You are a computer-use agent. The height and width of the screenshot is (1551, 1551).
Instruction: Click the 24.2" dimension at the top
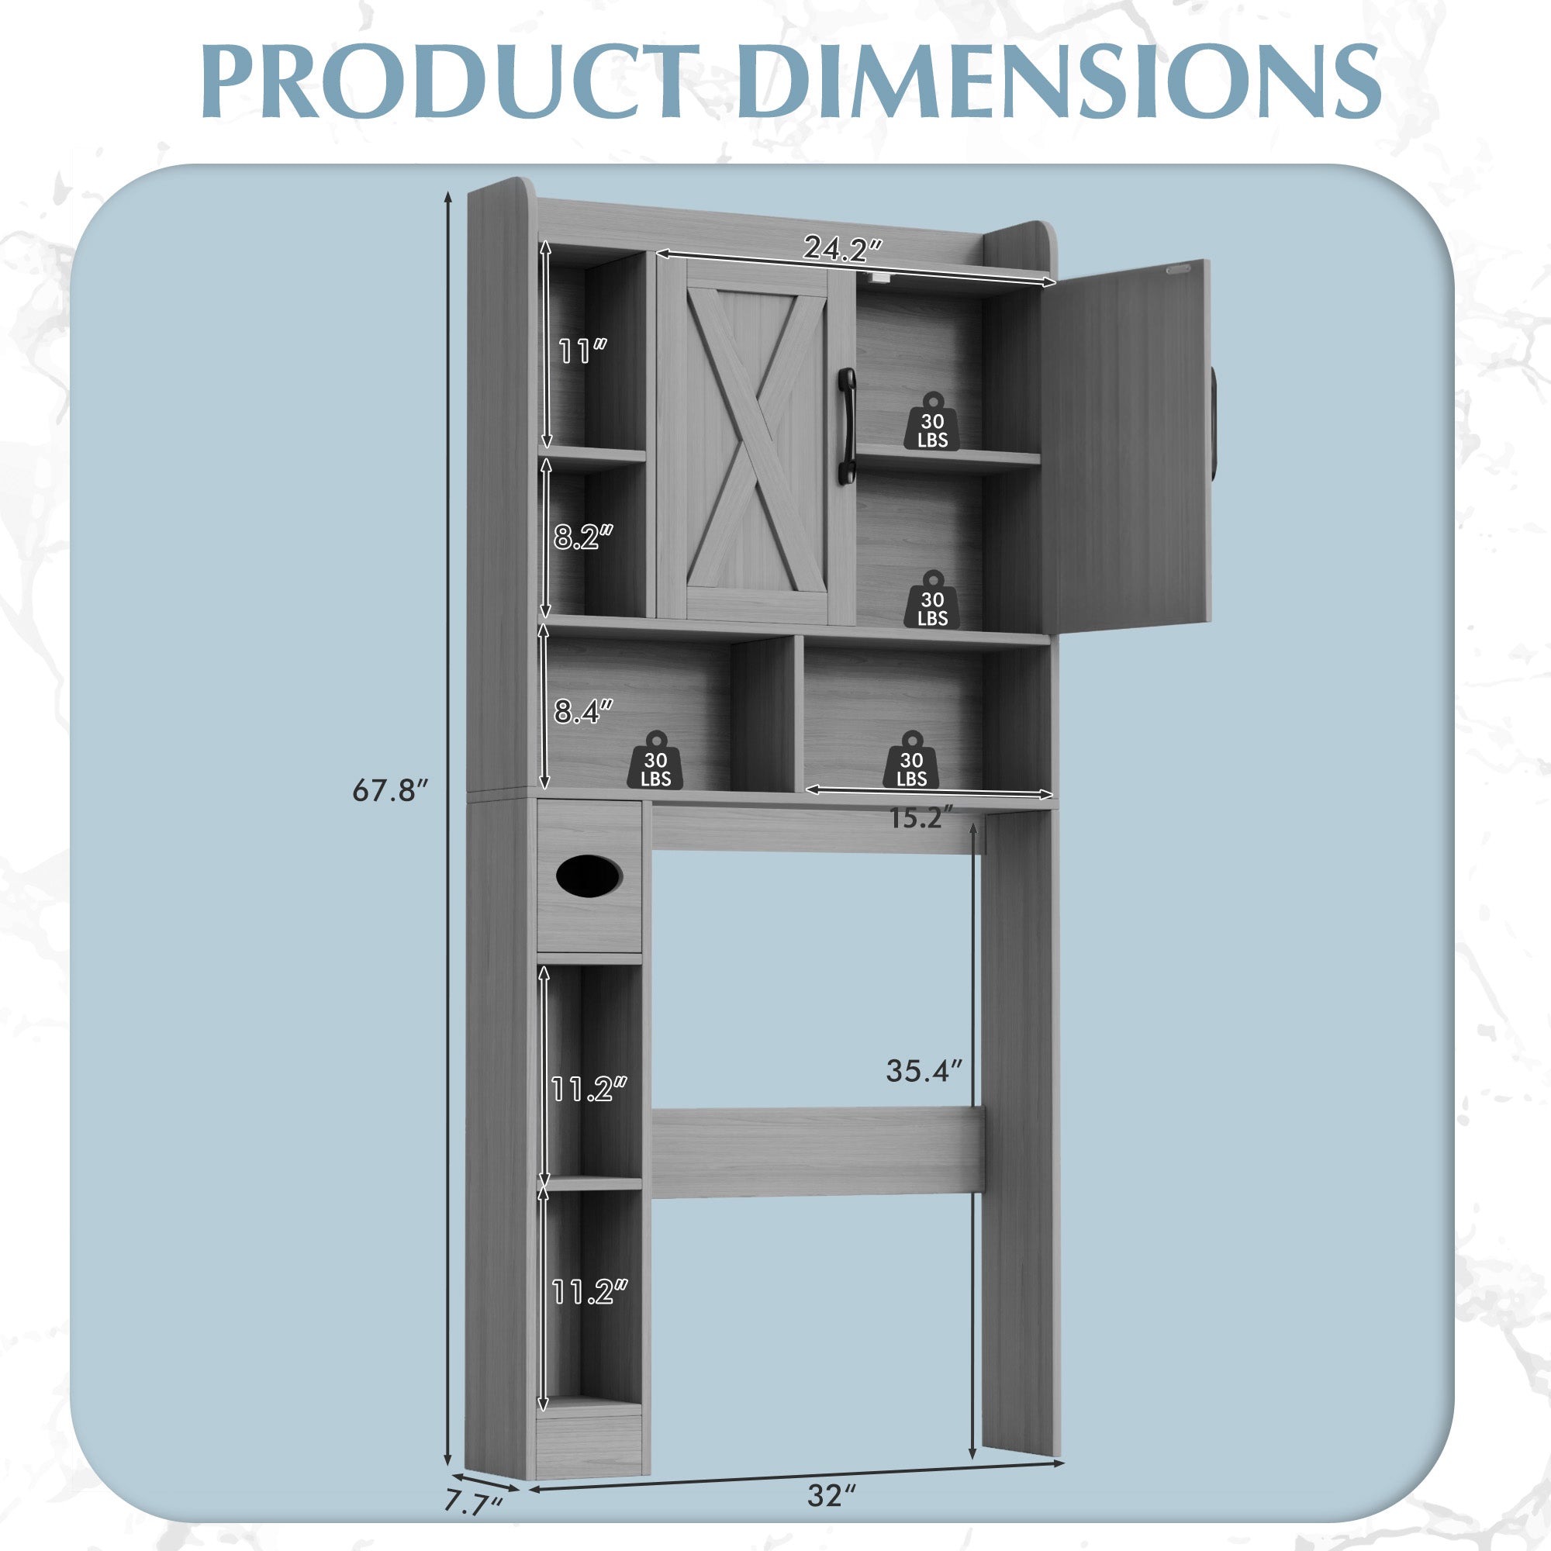[x=844, y=249]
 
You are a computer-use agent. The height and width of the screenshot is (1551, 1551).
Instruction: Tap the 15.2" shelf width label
[x=921, y=819]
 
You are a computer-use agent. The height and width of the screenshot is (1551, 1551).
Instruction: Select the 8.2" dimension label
[x=584, y=537]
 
